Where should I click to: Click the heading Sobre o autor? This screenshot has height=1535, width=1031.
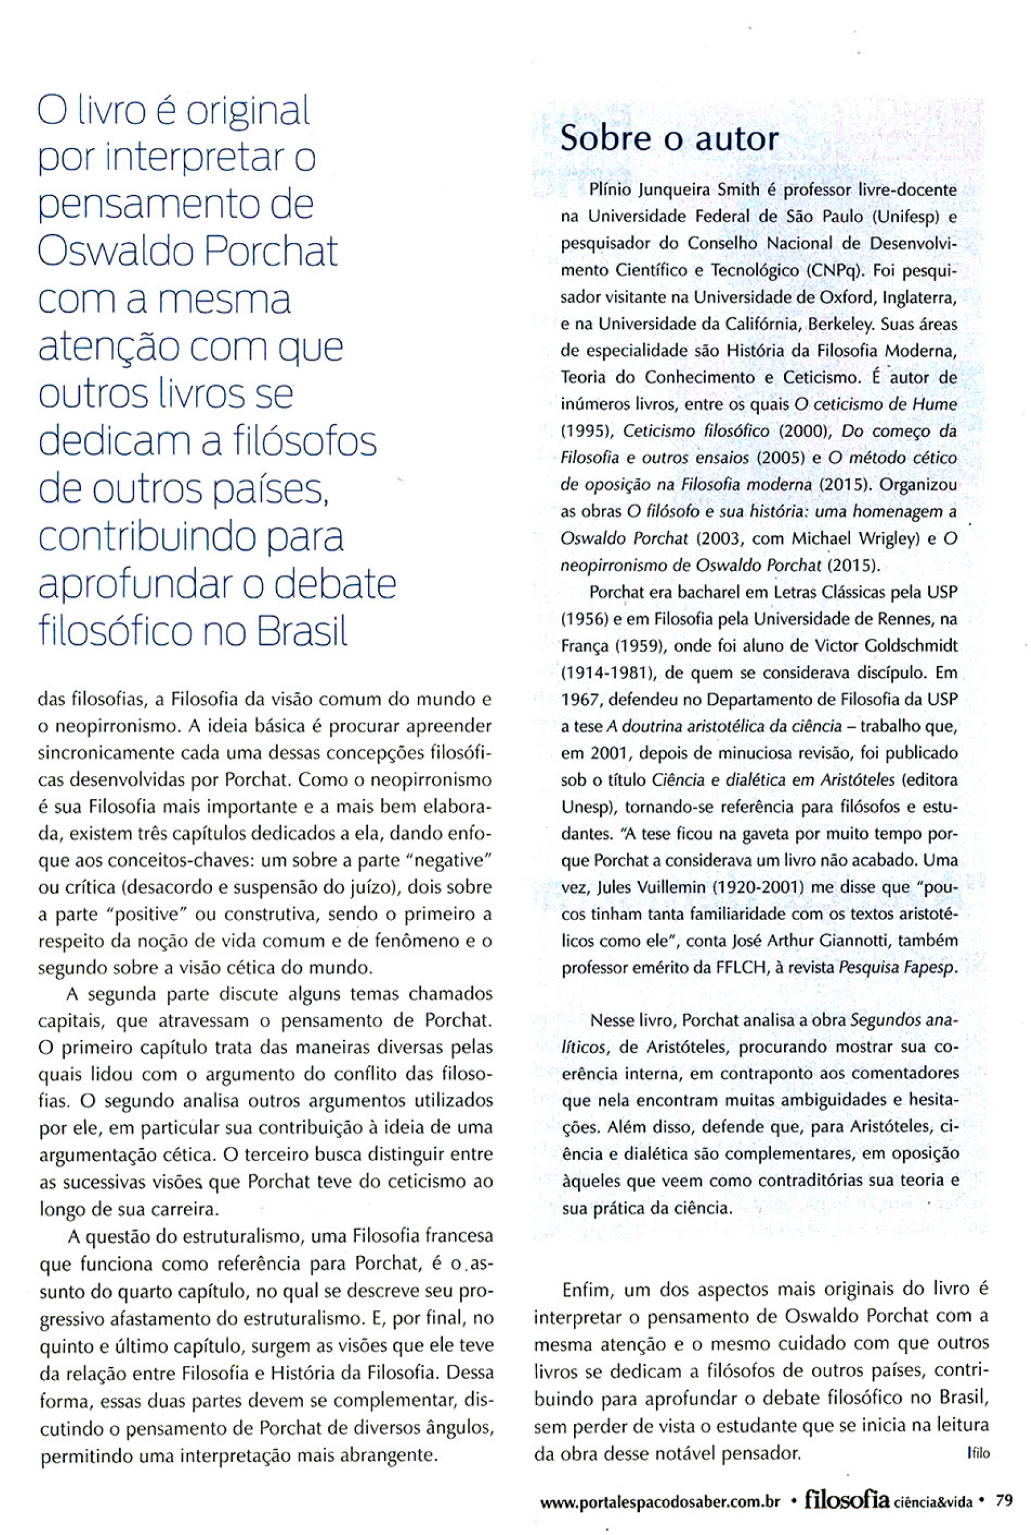click(668, 139)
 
